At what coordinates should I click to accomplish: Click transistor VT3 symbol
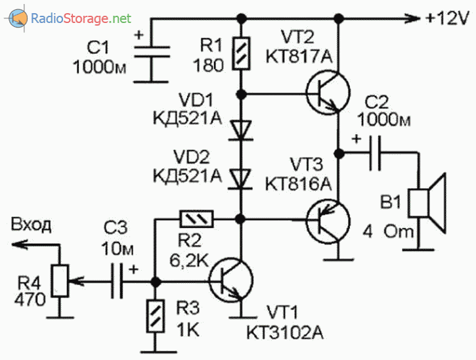coord(326,221)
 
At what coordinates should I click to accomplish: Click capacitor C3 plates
coord(118,281)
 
